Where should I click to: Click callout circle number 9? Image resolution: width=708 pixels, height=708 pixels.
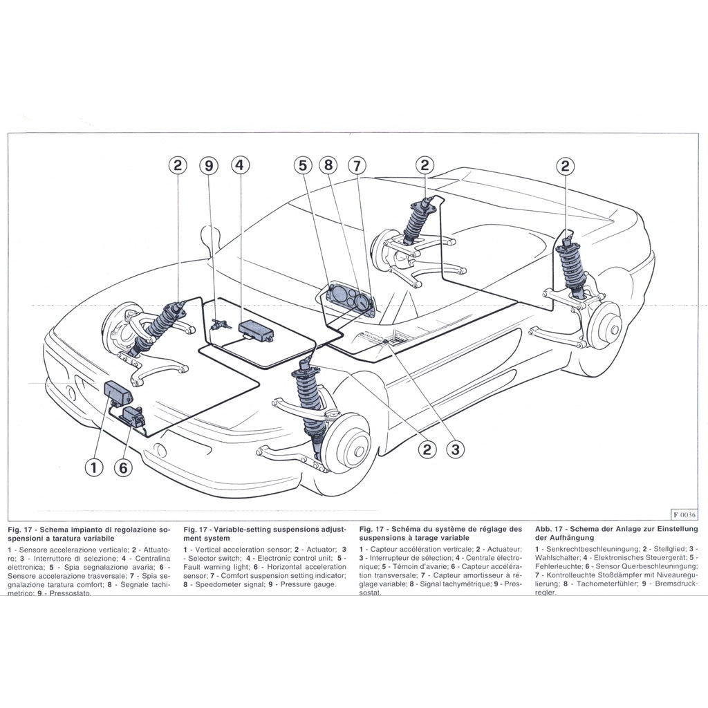pos(208,166)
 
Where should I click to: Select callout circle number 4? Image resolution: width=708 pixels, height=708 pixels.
pos(239,166)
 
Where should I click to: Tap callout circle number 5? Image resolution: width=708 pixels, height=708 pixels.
pos(301,166)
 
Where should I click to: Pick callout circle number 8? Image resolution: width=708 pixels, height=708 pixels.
pos(328,166)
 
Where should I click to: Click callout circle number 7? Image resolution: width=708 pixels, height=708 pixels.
pos(357,166)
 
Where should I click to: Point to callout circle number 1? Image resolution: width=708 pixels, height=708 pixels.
pos(94,467)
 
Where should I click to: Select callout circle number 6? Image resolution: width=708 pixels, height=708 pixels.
pos(122,467)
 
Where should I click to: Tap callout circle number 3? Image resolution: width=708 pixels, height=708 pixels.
pos(454,450)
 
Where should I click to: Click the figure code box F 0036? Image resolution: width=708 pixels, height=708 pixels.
pos(684,514)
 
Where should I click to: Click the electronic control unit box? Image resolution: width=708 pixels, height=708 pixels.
pos(256,330)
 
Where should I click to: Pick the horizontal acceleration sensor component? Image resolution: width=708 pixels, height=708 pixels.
pos(132,416)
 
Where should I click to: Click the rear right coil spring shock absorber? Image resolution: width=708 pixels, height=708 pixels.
pos(573,270)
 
